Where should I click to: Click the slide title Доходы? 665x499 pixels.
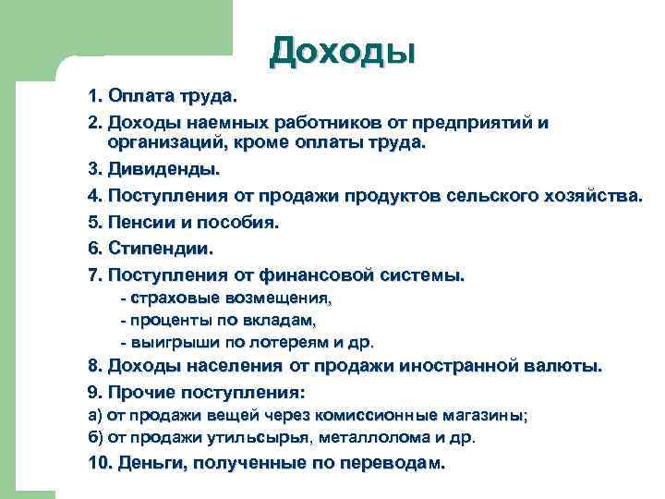(x=343, y=50)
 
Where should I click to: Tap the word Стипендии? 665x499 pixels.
(x=160, y=249)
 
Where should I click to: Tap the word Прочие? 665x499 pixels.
(x=138, y=391)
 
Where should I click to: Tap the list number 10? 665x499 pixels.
(x=99, y=463)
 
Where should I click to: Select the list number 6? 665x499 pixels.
(x=94, y=249)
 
